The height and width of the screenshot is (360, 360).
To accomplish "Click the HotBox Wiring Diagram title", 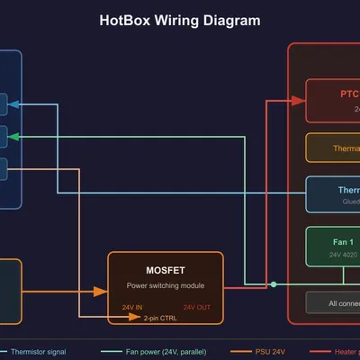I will [180, 21].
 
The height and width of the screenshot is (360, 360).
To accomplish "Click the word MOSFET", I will [166, 270].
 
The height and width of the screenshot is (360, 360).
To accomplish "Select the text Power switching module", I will [166, 285].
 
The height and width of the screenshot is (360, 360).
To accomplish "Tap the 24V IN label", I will [132, 307].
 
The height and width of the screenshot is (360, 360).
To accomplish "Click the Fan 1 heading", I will [342, 242].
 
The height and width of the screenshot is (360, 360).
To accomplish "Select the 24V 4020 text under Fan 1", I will [343, 256].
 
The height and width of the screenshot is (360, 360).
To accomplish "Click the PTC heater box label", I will [349, 94].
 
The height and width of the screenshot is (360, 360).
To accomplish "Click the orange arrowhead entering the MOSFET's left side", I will [103, 292].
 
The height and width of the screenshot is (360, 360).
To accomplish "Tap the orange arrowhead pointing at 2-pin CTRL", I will [138, 318].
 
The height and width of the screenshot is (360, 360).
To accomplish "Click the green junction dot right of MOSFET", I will [274, 284].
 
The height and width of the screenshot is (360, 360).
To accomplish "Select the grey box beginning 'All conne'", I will [333, 302].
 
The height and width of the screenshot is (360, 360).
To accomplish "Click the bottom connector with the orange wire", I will [3, 168].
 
